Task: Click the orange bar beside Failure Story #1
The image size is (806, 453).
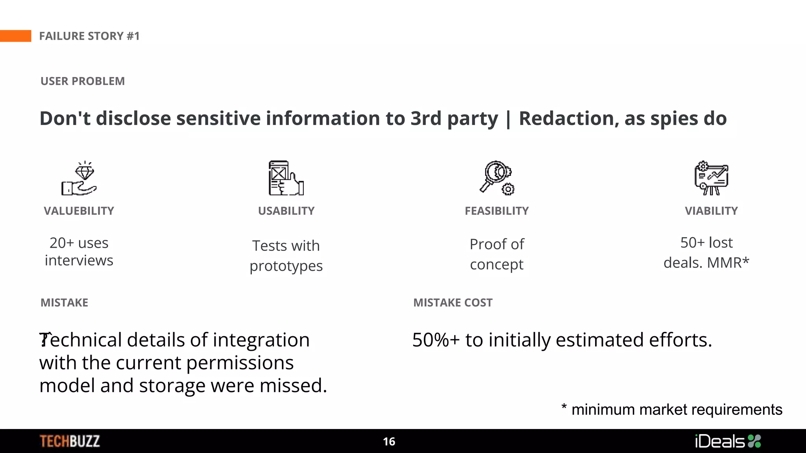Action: (x=15, y=36)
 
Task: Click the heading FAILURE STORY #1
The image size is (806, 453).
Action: (x=89, y=36)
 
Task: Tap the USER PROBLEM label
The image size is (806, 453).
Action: (x=83, y=81)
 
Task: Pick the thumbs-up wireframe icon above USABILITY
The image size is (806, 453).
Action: (x=286, y=178)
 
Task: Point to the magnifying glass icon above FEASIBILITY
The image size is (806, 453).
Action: (x=497, y=178)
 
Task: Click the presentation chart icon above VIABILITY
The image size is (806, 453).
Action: (x=711, y=178)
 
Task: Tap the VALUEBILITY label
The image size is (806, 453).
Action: (x=79, y=211)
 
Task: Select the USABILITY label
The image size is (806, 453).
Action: (x=286, y=211)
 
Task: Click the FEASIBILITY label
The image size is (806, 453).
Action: (x=497, y=211)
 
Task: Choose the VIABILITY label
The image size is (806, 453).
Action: (x=711, y=211)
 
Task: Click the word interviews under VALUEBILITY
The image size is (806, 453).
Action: (x=79, y=260)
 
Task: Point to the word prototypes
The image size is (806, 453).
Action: (x=286, y=266)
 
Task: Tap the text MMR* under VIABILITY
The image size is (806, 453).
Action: (x=728, y=263)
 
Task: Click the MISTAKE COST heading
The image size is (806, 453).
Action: (x=453, y=303)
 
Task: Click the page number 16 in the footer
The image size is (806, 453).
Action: (x=389, y=442)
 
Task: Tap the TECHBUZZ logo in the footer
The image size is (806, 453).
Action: (x=70, y=441)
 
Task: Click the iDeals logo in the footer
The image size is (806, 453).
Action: (x=728, y=441)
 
